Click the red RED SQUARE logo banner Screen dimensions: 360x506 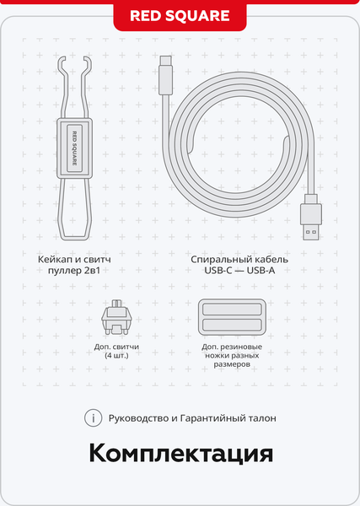[180, 16]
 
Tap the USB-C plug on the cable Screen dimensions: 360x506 [166, 76]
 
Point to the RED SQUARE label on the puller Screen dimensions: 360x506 [74, 148]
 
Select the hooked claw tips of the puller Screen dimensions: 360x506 [74, 62]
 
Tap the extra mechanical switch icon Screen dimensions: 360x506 [116, 317]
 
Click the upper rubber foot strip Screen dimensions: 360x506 [232, 310]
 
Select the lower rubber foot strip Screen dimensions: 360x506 [232, 325]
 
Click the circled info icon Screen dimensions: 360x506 [94, 418]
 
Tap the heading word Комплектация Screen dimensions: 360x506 [181, 454]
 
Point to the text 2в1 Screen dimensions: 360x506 [92, 271]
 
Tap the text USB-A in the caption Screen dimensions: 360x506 [261, 271]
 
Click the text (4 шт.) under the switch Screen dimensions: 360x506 [116, 356]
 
